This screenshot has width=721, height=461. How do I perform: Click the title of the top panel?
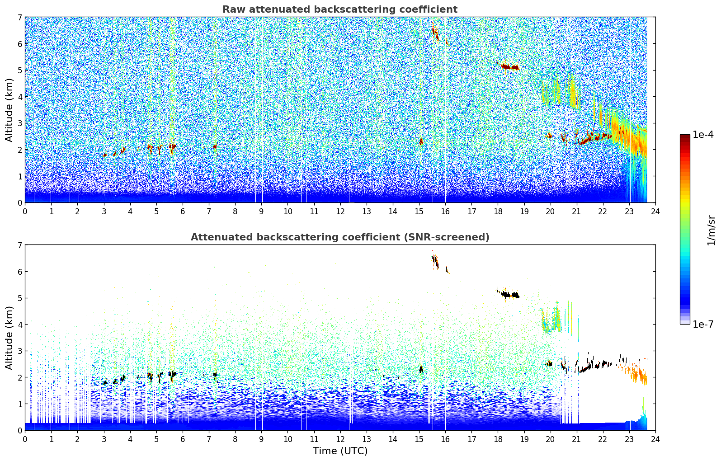coord(340,9)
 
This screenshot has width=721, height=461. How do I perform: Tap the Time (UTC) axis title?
coord(340,451)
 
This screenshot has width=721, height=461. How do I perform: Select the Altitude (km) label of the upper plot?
coord(9,110)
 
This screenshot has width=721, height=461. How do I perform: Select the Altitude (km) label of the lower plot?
coord(9,338)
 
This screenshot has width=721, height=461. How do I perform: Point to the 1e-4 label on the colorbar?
coord(703,135)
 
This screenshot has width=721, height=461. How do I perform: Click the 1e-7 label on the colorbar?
coord(703,324)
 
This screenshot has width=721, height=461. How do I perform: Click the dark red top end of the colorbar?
coord(685,136)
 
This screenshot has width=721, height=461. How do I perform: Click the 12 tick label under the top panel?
coord(340,212)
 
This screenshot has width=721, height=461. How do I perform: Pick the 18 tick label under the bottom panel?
coord(498,439)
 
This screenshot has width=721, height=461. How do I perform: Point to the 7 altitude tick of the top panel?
coord(20,17)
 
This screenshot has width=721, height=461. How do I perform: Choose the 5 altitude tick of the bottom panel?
coord(20,298)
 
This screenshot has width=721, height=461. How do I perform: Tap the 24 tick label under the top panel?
coord(655,212)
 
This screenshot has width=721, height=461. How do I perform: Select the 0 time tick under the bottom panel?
coord(25,439)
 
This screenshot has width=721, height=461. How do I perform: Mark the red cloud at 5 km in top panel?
coord(509,66)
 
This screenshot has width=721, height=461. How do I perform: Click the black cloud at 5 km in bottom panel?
coord(509,294)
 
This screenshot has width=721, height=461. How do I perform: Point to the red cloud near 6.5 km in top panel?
coord(435,33)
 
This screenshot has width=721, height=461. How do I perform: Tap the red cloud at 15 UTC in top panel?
coord(420,141)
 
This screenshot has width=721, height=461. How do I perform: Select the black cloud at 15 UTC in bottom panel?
coord(420,369)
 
